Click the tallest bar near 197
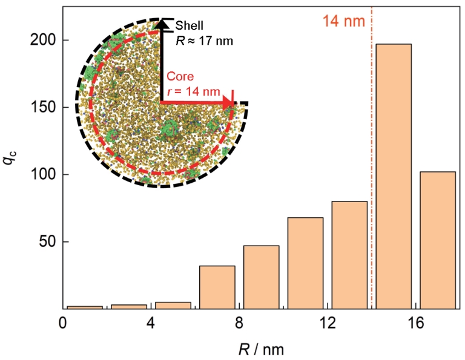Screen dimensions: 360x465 pyautogui.click(x=394, y=176)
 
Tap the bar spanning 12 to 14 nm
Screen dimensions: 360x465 pyautogui.click(x=349, y=255)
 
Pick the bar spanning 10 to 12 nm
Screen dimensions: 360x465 pyautogui.click(x=305, y=263)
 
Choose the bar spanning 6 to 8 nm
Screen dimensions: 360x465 pyautogui.click(x=217, y=287)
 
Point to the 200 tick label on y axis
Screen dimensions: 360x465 pyautogui.click(x=43, y=41)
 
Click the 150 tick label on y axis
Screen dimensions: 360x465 pyautogui.click(x=43, y=108)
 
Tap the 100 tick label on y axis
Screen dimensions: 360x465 pyautogui.click(x=43, y=175)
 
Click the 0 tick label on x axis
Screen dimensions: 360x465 pyautogui.click(x=63, y=322)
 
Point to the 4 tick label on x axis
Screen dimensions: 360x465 pyautogui.click(x=151, y=322)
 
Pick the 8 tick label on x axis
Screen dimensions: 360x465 pyautogui.click(x=239, y=322)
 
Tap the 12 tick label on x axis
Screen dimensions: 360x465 pyautogui.click(x=328, y=322)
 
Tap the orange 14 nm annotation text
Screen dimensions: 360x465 pyautogui.click(x=343, y=21)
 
